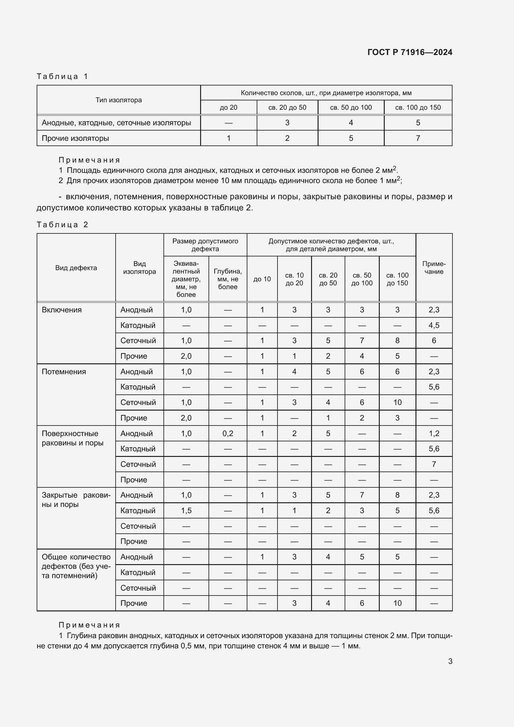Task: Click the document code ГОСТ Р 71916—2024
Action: (x=410, y=52)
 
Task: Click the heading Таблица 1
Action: (x=62, y=76)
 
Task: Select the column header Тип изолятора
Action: (x=119, y=100)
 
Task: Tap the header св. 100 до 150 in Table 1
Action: (x=418, y=107)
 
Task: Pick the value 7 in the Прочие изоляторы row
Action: (x=418, y=138)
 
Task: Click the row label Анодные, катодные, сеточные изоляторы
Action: (x=116, y=122)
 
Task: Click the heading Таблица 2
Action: (x=62, y=224)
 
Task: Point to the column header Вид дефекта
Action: (x=76, y=268)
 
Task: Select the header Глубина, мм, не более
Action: (x=227, y=279)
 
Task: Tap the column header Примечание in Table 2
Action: (x=434, y=268)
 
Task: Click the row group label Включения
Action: (x=62, y=310)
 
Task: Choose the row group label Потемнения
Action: (x=64, y=371)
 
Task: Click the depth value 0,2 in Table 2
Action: (x=227, y=434)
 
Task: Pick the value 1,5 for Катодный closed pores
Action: (x=186, y=510)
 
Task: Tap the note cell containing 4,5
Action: (x=434, y=325)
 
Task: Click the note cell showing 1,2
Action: (x=434, y=434)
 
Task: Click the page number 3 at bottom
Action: (x=450, y=661)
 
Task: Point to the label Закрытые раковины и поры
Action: (x=76, y=500)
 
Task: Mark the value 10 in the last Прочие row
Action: (x=397, y=603)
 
